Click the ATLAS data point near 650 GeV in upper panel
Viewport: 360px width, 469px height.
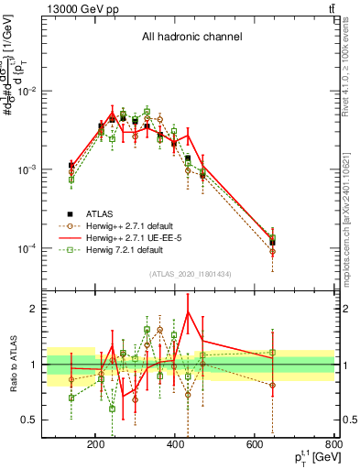click(272, 243)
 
